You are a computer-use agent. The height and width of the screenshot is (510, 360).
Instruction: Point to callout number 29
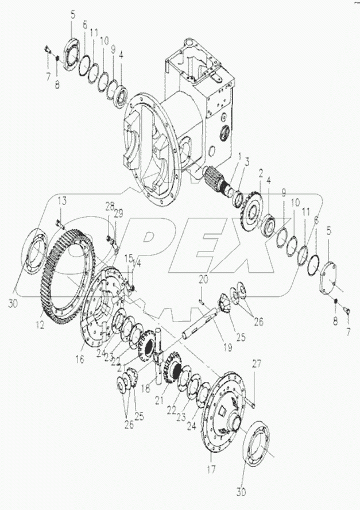pos(118,212)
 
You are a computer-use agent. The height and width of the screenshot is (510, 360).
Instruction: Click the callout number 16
pos(79,360)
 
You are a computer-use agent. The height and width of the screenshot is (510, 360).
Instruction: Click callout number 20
pos(202,279)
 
